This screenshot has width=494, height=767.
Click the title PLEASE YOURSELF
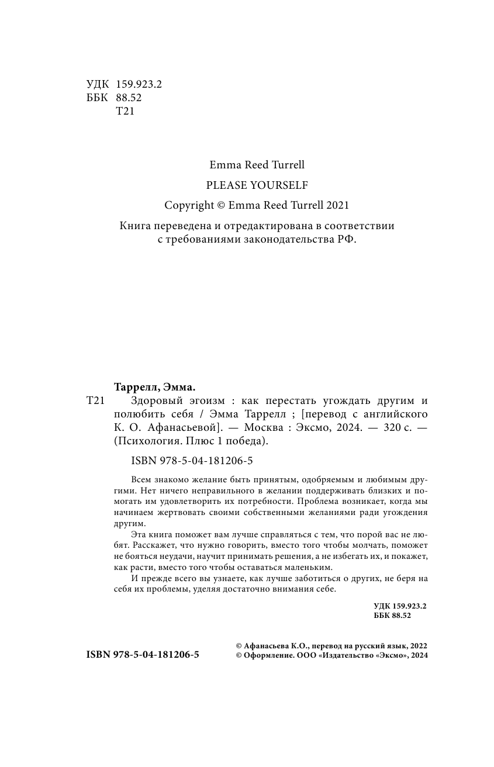coord(257,185)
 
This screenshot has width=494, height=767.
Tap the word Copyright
coord(189,205)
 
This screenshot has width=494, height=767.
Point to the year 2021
coord(337,205)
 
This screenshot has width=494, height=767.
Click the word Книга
coord(135,226)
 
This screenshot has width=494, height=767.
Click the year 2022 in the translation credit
coord(419,646)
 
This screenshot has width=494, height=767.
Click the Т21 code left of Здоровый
coord(95,400)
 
